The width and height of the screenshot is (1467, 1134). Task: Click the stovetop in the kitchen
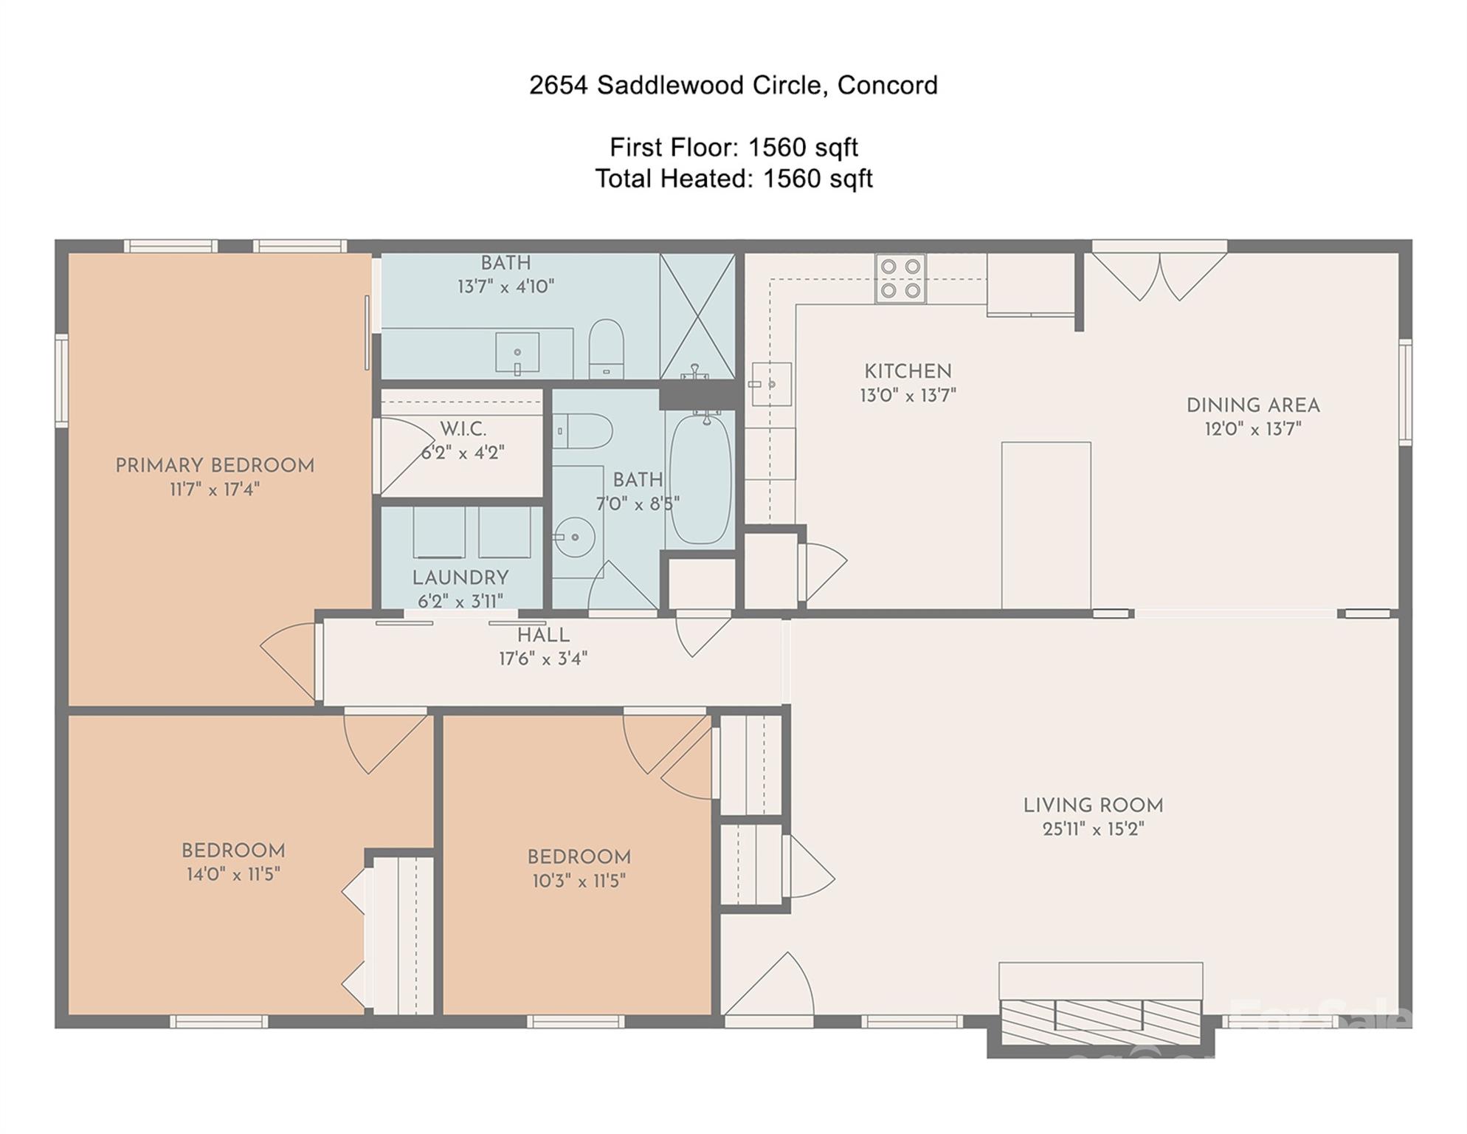pos(900,278)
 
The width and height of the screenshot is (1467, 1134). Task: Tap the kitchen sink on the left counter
pos(771,384)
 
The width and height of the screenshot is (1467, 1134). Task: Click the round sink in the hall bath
pos(575,536)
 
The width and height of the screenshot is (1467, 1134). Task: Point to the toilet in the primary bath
pos(606,349)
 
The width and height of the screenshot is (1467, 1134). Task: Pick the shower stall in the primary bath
pos(697,317)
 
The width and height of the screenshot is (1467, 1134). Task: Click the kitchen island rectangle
pos(1046,526)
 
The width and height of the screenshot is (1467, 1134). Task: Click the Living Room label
pos(1093,805)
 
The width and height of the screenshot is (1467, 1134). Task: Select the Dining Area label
pos(1253,405)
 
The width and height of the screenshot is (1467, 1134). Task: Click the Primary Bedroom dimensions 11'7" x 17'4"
pos(215,489)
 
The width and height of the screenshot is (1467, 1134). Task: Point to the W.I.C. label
pos(463,429)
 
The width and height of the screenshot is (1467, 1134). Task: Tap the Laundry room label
pos(460,578)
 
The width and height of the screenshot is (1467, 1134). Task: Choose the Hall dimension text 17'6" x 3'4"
pos(543,659)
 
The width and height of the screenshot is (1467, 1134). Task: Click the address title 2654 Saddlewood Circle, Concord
pos(733,86)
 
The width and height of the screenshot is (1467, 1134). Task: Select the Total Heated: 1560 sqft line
pos(733,179)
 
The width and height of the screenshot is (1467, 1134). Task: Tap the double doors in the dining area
pos(1159,277)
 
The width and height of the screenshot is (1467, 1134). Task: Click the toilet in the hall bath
pos(582,431)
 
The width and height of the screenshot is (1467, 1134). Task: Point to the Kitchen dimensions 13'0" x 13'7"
pos(908,396)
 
